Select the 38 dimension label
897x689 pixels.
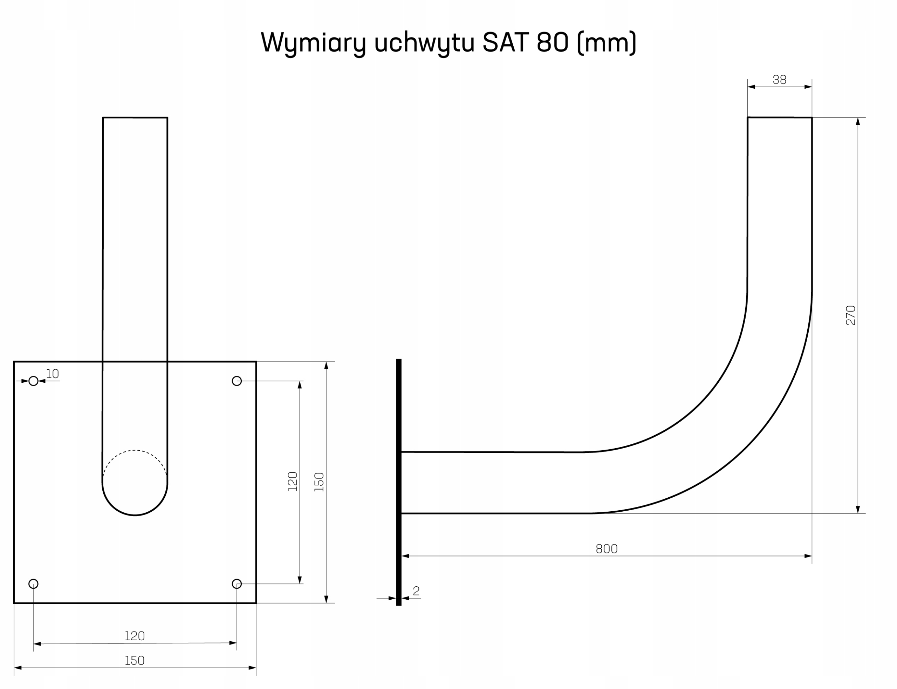click(779, 80)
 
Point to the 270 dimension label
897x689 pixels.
click(851, 315)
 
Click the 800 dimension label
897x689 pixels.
click(606, 549)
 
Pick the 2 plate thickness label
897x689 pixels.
click(416, 591)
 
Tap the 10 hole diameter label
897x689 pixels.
click(53, 374)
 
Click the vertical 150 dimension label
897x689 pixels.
click(319, 482)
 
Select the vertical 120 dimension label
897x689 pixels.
click(292, 482)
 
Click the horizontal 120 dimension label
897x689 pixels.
click(135, 636)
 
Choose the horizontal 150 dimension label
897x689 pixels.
click(135, 661)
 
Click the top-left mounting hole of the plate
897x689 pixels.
click(34, 381)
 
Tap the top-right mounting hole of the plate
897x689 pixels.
click(237, 381)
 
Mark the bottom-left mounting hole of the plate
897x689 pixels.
click(34, 584)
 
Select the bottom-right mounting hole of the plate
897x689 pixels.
click(237, 584)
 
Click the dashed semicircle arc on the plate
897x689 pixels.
click(135, 451)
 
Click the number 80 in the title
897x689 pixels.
click(552, 42)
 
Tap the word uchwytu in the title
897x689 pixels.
click(424, 42)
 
